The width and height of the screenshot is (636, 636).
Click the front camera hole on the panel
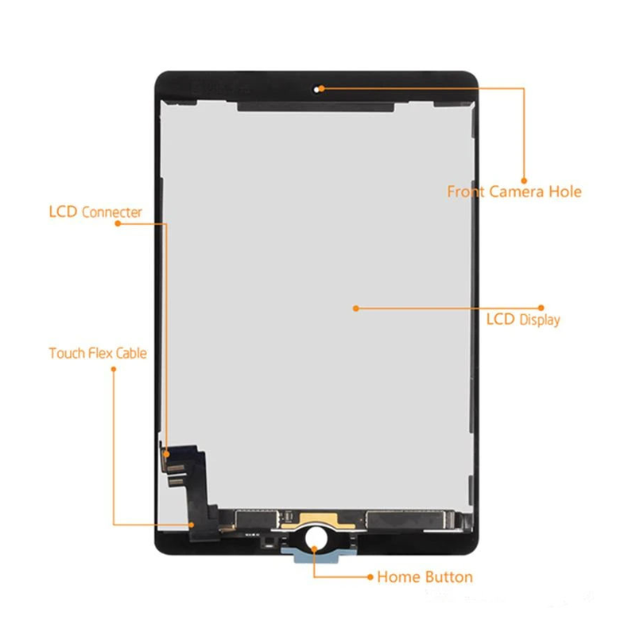click(320, 87)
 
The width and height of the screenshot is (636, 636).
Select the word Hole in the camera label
click(564, 192)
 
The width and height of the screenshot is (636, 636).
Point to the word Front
click(466, 192)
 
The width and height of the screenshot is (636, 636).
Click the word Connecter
click(111, 212)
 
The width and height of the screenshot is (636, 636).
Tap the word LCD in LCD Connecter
click(63, 212)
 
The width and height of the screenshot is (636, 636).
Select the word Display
click(540, 320)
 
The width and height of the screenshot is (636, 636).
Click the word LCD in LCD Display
click(501, 320)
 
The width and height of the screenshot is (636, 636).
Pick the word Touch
click(66, 353)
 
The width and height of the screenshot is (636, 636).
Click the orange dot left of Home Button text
click(370, 576)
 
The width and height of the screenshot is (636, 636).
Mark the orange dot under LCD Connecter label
click(118, 224)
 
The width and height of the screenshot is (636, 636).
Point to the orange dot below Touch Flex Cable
click(113, 368)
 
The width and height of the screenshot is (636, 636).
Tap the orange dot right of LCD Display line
click(541, 307)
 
